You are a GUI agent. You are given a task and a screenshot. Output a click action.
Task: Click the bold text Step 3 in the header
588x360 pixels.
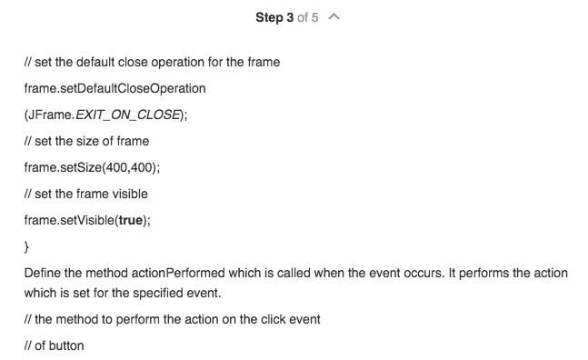[x=276, y=18]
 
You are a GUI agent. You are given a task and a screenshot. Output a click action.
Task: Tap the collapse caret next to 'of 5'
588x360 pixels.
[x=336, y=18]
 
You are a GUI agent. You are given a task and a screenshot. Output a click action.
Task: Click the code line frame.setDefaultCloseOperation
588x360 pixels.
[x=115, y=89]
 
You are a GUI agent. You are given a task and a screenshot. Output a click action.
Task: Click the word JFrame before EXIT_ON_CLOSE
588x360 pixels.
[x=50, y=115]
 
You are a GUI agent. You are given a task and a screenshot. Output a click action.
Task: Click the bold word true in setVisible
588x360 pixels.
[x=125, y=220]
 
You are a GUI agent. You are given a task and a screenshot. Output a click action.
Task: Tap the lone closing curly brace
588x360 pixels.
[x=27, y=246]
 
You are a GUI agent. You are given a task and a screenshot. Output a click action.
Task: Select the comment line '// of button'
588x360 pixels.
[x=54, y=346]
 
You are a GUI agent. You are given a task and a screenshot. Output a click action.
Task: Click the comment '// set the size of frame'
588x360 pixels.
[x=86, y=142]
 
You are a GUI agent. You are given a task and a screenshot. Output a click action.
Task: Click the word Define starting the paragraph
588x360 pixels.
[x=43, y=273]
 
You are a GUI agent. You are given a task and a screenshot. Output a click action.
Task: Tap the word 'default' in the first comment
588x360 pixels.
[x=103, y=63]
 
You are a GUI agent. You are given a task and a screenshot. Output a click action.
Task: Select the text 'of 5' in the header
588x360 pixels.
[x=307, y=18]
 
